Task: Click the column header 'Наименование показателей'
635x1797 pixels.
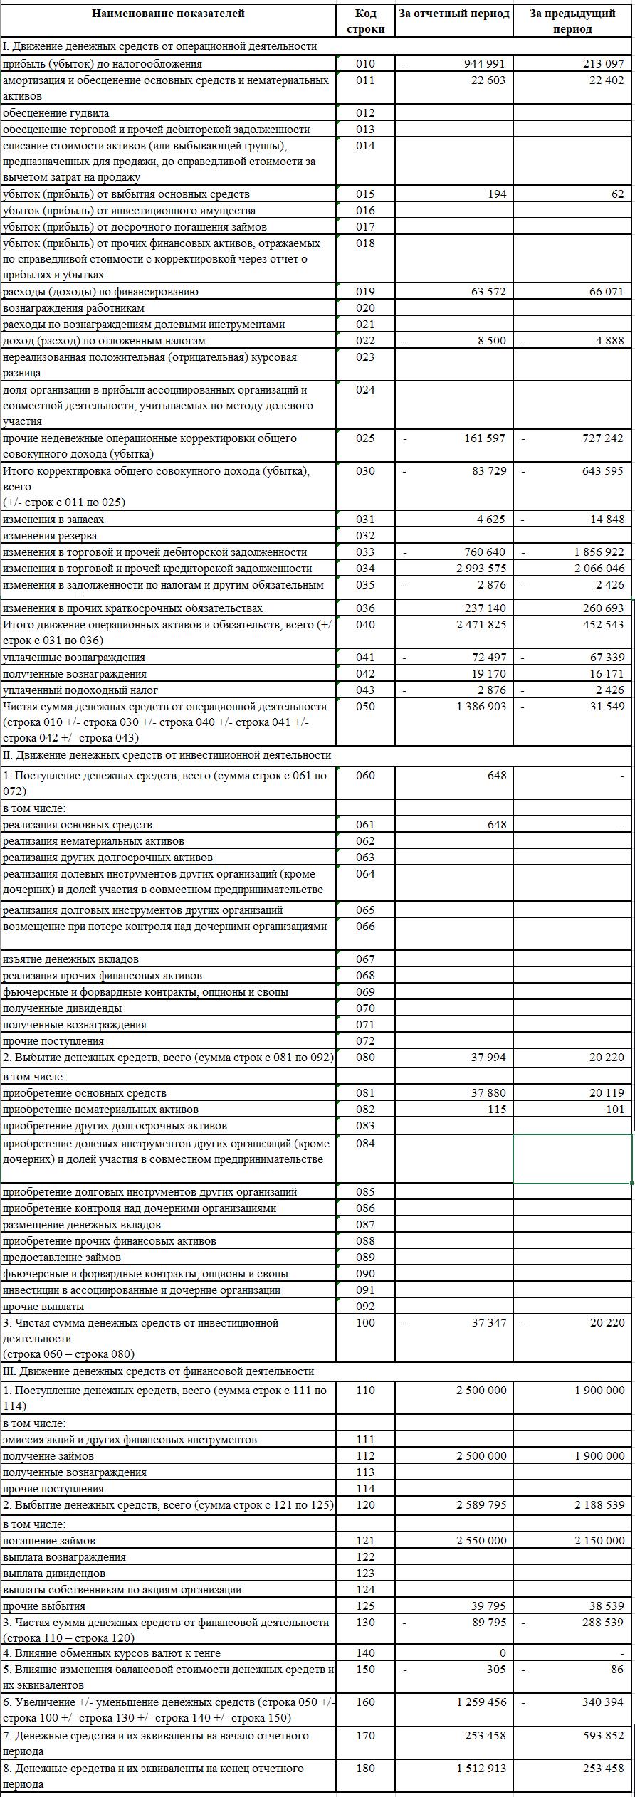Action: tap(168, 14)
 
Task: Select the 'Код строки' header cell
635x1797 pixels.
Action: tap(365, 21)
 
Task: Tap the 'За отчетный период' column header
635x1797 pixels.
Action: tap(454, 14)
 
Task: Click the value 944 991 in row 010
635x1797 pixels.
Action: tap(485, 64)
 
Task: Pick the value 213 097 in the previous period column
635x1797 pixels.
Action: tap(603, 64)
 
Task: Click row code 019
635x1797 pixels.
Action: tap(365, 292)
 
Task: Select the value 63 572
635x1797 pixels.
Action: tap(488, 292)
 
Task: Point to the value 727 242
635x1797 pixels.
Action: tap(603, 438)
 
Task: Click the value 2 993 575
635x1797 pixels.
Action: tap(480, 569)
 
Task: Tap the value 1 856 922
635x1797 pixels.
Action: tap(599, 552)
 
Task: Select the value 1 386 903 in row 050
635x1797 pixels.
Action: tap(480, 707)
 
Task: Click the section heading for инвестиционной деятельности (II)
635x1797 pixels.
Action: tap(167, 755)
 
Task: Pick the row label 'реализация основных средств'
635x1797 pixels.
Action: tap(78, 825)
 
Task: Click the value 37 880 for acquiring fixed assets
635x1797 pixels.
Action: tap(488, 1093)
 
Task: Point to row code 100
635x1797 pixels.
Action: tap(365, 1323)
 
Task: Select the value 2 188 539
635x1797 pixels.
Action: tap(599, 1505)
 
